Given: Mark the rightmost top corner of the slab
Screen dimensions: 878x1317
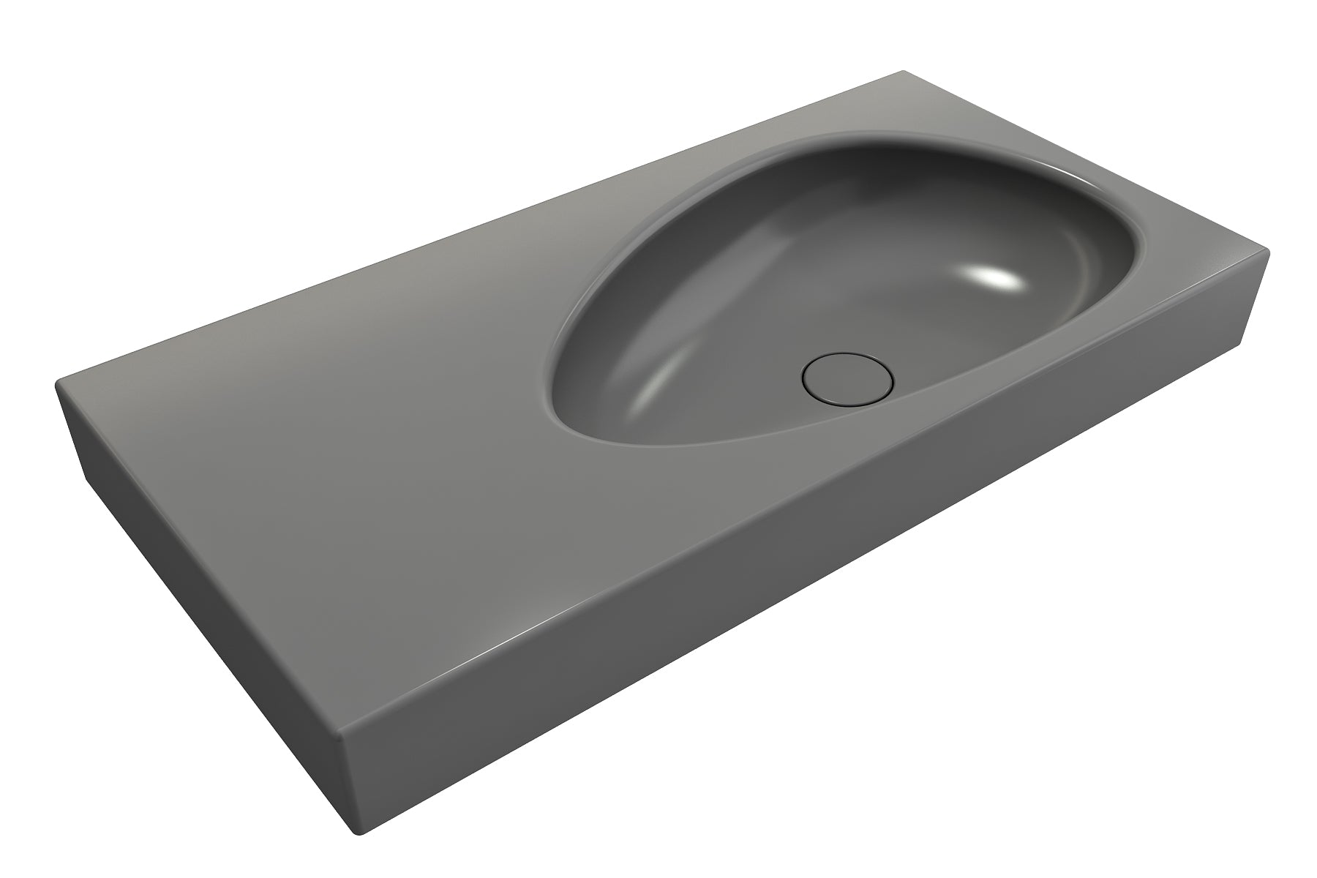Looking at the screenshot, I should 1268,252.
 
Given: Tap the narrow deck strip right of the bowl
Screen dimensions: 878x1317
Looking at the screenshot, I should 1200,256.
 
